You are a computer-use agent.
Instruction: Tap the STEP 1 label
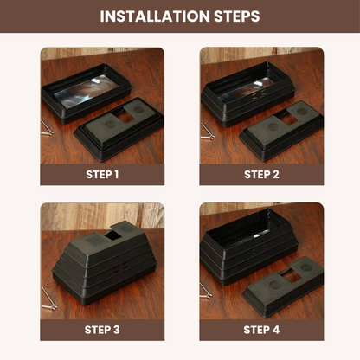pos(102,174)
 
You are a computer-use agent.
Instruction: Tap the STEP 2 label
pos(261,174)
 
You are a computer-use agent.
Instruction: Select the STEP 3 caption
pos(102,330)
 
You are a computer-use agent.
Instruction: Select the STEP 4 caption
pos(261,330)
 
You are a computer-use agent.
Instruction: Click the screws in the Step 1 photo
pos(47,129)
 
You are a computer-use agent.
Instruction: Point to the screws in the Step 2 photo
pos(206,130)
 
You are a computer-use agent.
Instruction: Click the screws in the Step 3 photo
pos(48,296)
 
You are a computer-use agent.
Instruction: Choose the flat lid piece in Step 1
pos(121,125)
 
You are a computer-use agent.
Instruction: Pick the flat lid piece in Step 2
pos(279,130)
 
